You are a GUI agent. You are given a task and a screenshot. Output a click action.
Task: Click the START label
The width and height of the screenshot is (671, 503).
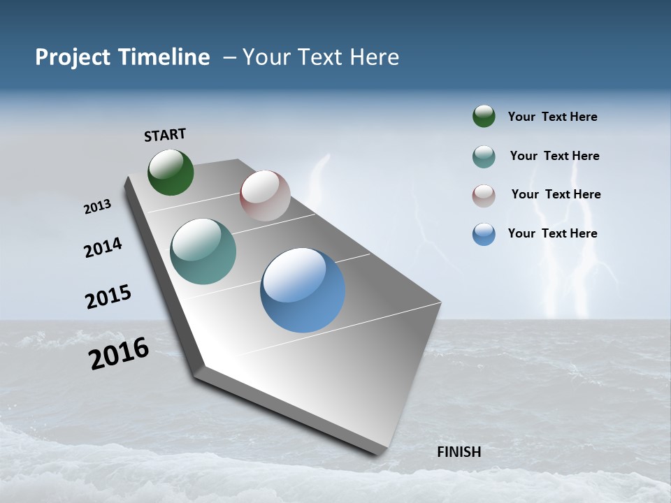[165, 135]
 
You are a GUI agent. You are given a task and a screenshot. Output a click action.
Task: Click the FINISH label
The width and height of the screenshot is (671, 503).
[459, 452]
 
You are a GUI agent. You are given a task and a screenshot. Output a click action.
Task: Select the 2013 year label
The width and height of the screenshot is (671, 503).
[97, 207]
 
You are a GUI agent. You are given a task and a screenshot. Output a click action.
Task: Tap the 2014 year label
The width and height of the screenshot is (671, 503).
[103, 247]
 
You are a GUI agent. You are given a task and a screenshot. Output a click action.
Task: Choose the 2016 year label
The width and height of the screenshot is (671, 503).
[119, 353]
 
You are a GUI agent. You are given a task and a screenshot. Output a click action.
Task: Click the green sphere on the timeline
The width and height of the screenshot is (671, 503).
[171, 172]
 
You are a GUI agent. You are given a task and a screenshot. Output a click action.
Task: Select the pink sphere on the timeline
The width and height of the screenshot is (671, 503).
[265, 196]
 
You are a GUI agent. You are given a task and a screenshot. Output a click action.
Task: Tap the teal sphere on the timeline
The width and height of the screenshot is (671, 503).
[203, 251]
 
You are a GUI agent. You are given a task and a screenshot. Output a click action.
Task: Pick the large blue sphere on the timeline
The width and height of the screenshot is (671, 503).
[303, 290]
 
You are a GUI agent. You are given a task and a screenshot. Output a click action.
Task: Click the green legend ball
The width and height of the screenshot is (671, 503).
[484, 117]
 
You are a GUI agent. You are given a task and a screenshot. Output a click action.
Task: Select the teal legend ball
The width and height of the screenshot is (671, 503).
[484, 156]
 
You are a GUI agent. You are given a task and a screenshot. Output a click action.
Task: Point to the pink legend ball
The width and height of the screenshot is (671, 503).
[484, 196]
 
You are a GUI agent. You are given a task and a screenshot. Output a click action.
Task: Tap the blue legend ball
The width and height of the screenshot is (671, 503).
[484, 234]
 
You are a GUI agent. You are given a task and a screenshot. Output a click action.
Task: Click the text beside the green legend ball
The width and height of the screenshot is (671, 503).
[552, 117]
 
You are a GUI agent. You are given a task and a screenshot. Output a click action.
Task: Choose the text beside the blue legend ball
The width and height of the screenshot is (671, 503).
[552, 233]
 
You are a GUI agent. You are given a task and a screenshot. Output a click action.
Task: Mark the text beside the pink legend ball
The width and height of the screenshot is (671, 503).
[556, 194]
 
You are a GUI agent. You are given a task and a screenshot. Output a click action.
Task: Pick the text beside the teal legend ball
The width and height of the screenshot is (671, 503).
[554, 156]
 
